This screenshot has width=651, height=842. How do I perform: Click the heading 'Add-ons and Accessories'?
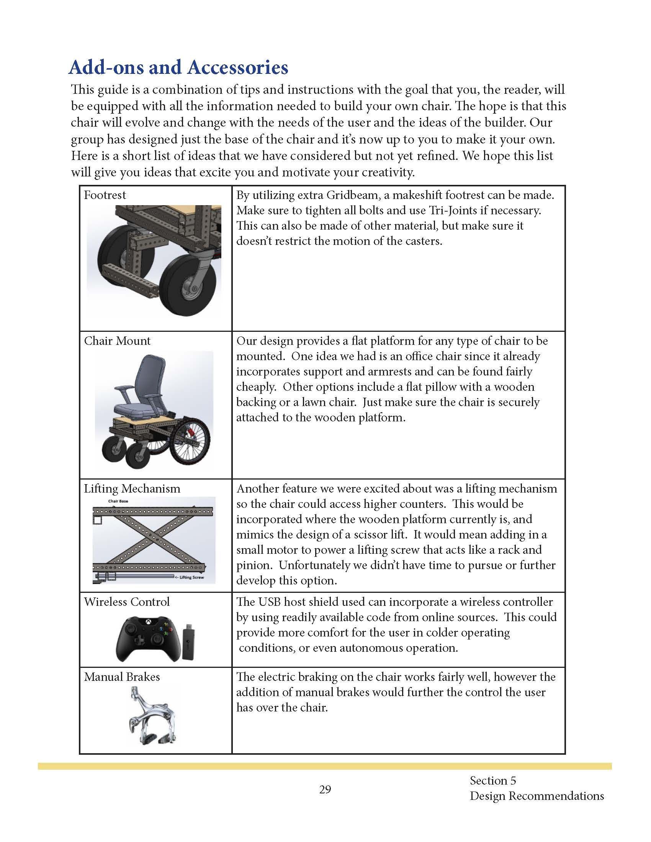178,68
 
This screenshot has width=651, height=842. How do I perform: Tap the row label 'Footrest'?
105,195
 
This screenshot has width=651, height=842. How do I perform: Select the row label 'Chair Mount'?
117,341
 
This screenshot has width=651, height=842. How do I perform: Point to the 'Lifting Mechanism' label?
132,488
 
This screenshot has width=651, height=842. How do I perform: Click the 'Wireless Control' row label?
127,602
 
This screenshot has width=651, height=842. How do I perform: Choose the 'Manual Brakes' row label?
122,677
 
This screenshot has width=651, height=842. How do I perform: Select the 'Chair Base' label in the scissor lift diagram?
118,501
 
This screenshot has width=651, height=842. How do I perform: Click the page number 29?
325,790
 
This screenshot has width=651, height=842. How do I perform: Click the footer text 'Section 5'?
492,781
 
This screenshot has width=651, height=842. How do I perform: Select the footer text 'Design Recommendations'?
537,796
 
